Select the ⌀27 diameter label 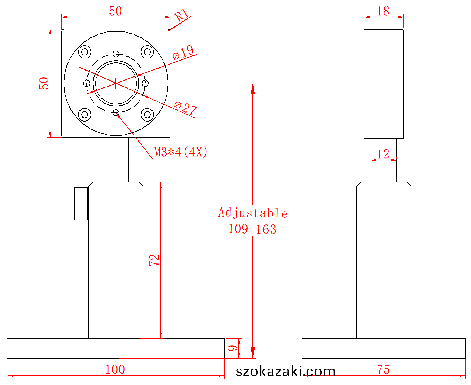pos(185,108)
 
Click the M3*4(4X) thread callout pos(181,152)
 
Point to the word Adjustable pos(253,213)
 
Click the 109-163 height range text pos(252,229)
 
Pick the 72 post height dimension pos(154,260)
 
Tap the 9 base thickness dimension pos(233,348)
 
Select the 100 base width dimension pos(115,369)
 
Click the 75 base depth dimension pos(383,369)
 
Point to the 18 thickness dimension pos(383,11)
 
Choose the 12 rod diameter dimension pos(383,154)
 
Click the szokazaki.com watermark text pos(286,371)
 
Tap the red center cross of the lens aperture pos(116,83)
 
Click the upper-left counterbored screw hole pos(85,52)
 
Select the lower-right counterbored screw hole pos(147,115)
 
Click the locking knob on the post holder pos(81,203)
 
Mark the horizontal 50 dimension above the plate pos(115,11)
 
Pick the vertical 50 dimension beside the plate pos(44,83)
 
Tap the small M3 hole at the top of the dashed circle pos(116,54)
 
